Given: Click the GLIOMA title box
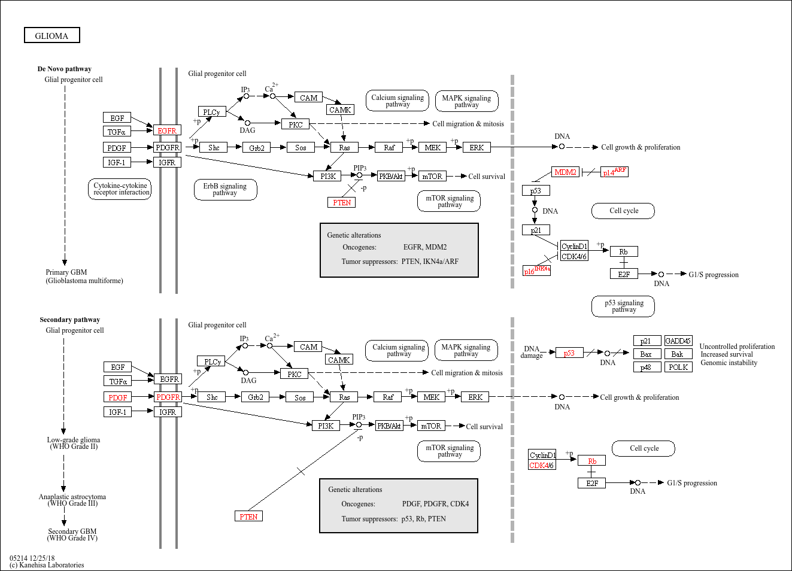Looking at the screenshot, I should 52,36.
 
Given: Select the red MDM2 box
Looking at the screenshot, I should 565,172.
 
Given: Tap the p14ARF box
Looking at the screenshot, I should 614,172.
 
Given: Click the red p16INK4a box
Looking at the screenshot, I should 536,271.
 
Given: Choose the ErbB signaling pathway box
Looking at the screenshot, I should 225,190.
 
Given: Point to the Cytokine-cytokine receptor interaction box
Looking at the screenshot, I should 121,189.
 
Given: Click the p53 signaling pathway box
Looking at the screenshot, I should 624,306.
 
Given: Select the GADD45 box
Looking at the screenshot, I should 678,341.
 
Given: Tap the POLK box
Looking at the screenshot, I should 678,367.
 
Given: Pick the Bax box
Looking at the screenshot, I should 647,354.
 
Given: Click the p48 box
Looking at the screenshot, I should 647,367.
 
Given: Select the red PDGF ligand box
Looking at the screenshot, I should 117,397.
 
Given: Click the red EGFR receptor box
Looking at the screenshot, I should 167,131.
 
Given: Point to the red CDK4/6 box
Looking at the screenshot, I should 542,466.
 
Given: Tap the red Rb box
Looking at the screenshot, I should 591,461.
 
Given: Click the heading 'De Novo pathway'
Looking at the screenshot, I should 64,69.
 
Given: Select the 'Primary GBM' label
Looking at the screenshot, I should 66,272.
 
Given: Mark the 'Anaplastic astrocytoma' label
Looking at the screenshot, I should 72,497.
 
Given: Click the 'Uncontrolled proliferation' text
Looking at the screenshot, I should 737,347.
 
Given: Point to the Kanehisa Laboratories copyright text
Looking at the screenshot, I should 48,565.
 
